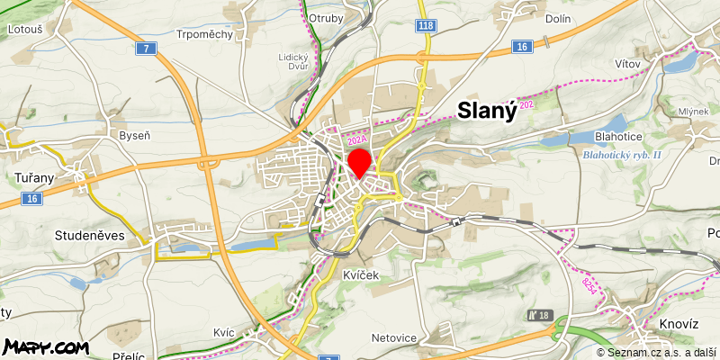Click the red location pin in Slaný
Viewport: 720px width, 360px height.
359,163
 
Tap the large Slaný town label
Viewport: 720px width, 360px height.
487,111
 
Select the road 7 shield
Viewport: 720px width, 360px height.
144,48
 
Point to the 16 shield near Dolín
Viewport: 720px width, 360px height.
522,46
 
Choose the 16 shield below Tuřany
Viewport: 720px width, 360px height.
33,198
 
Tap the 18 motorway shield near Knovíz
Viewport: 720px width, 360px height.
542,315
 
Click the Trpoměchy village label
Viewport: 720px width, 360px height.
205,34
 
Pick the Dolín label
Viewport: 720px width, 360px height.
558,17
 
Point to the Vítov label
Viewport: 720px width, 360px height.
626,64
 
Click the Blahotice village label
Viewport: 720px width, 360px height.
618,136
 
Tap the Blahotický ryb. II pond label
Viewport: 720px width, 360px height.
622,155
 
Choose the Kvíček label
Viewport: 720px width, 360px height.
361,276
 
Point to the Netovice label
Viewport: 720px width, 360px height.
394,338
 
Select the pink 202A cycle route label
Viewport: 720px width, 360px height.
356,139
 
